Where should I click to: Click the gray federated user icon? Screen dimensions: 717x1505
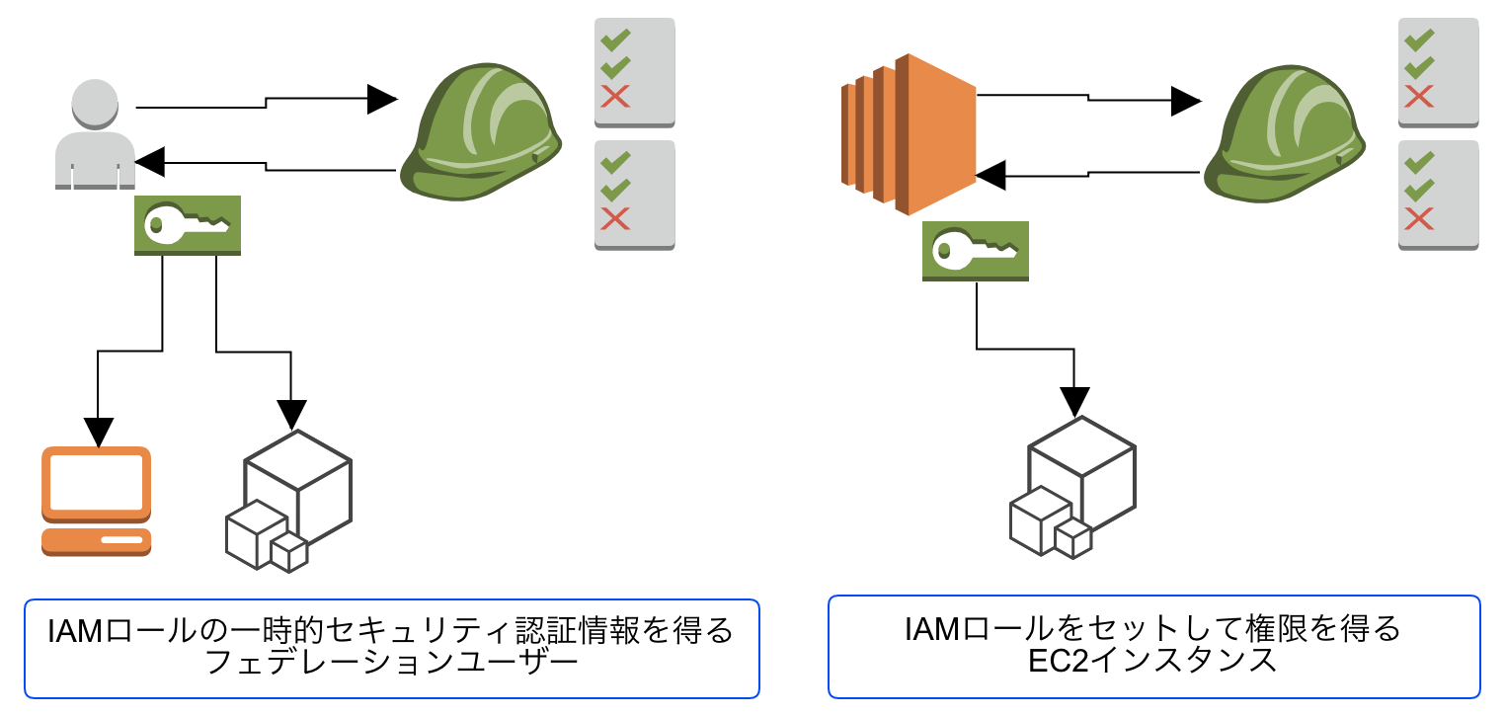[95, 134]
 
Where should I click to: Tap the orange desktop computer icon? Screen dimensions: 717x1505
[96, 502]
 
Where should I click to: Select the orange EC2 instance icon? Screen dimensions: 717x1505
[908, 135]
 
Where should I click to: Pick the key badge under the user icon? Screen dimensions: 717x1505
[188, 225]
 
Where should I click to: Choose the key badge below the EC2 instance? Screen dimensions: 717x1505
[976, 251]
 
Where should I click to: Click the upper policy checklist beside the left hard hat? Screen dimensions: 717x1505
[634, 72]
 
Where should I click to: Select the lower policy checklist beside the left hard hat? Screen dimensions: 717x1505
[634, 195]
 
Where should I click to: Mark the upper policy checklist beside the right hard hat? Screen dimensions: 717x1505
[1439, 72]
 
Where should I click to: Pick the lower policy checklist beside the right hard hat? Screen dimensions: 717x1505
[1439, 195]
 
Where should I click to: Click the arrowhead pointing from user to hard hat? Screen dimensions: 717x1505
[381, 99]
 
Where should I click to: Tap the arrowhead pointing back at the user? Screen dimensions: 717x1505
[149, 160]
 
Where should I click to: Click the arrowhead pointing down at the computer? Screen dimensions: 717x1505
[97, 432]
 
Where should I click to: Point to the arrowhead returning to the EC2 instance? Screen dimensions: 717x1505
[990, 176]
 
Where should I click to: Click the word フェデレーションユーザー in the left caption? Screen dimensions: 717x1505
[390, 661]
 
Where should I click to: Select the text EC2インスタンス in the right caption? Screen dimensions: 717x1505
[1152, 660]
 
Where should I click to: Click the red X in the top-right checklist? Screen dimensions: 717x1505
[1419, 97]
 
